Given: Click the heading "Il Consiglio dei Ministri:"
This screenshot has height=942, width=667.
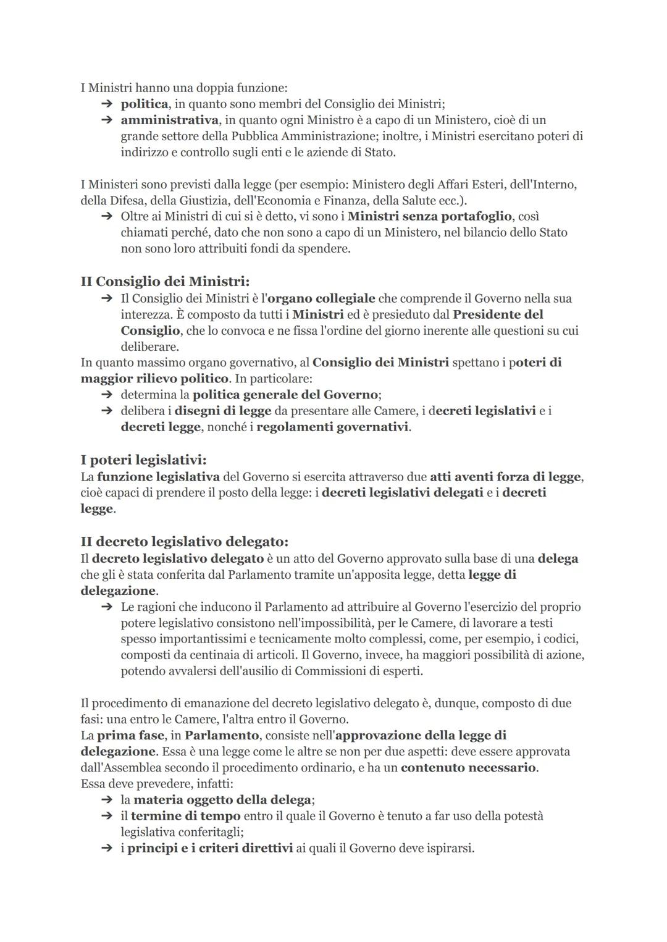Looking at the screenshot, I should (165, 282).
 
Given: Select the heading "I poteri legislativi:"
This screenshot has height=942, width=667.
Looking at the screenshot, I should (143, 460).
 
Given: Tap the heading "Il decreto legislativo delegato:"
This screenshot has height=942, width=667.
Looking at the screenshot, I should (184, 542).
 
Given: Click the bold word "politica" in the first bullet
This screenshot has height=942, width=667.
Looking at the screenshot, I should (144, 104).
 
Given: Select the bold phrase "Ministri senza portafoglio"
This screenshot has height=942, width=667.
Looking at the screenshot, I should (430, 216).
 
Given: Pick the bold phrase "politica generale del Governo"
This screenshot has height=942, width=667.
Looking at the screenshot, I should (285, 395).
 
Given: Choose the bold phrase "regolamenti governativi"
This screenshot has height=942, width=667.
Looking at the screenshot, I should (332, 427).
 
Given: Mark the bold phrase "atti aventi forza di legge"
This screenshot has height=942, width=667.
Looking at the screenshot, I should (506, 477).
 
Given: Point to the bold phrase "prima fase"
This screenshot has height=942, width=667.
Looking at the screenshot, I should (130, 736).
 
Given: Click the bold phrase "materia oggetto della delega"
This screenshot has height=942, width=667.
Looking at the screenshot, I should (222, 800).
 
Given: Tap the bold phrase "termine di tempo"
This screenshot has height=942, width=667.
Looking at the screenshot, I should (185, 816).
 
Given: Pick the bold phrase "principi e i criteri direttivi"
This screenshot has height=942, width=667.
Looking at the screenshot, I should (210, 848).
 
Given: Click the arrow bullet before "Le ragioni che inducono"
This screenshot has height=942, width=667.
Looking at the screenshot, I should (107, 607).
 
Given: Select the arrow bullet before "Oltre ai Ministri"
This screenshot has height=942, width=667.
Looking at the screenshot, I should (107, 217).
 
